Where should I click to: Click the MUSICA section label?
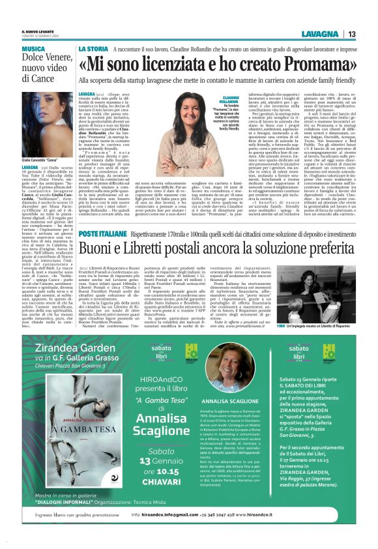point(33,49)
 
